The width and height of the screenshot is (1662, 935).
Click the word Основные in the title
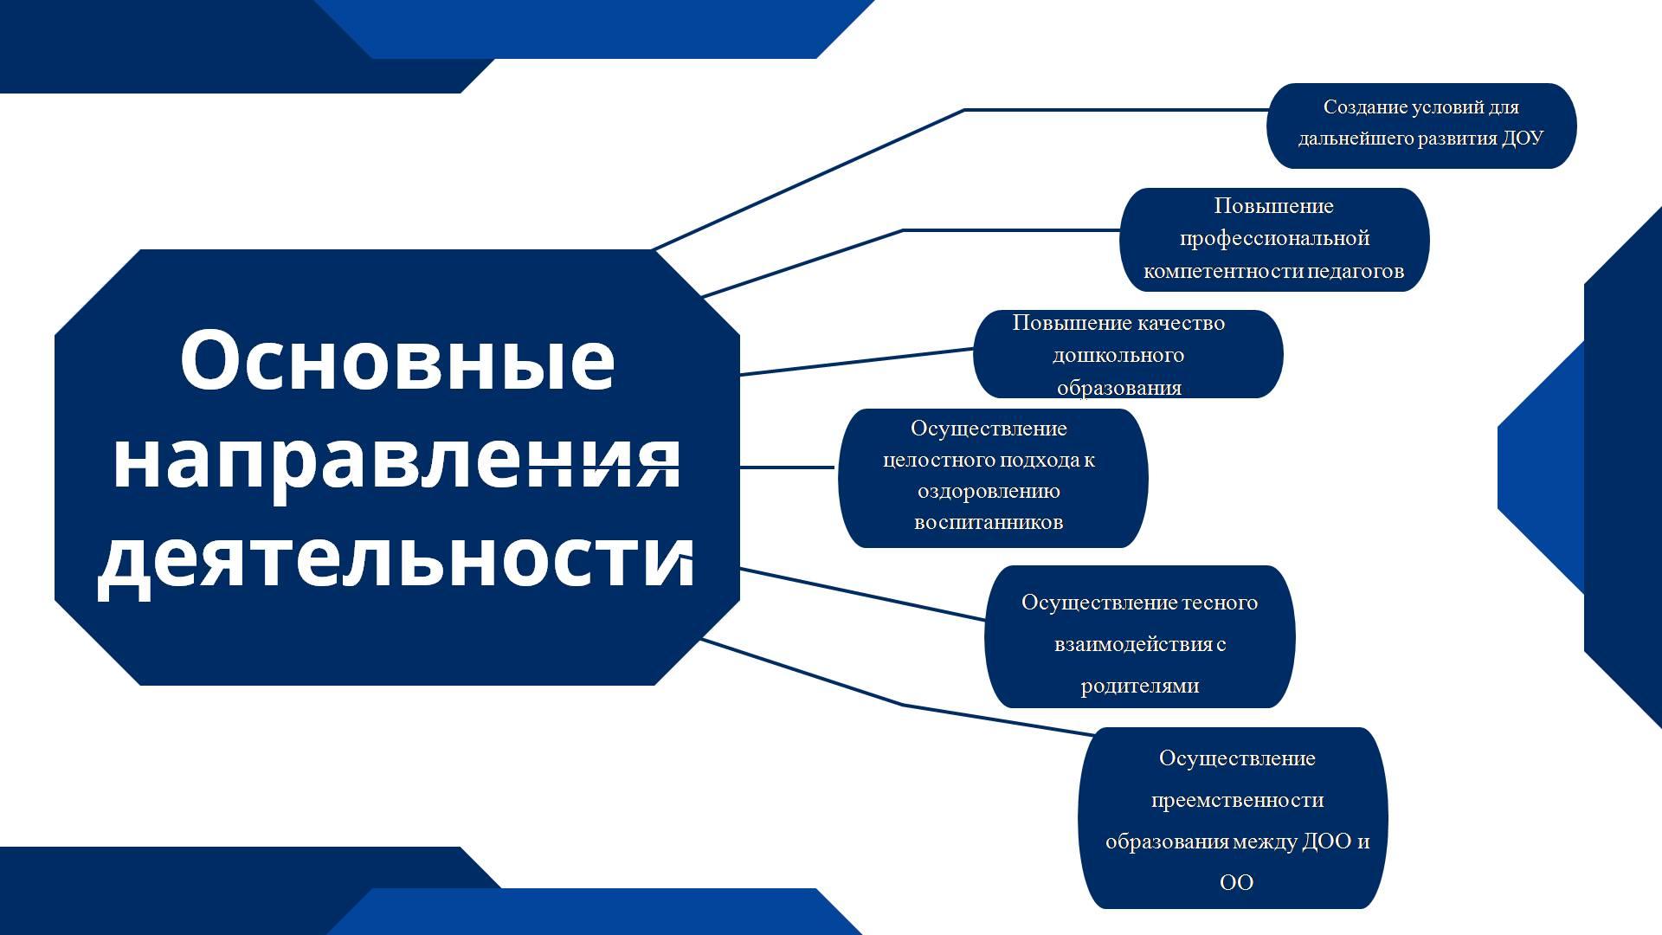click(x=397, y=360)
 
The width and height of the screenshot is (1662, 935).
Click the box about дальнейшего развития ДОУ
click(x=1421, y=126)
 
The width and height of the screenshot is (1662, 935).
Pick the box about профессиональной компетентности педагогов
click(x=1274, y=240)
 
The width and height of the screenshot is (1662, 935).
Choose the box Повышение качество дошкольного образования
click(x=1128, y=354)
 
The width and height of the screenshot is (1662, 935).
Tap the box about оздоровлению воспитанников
click(x=993, y=478)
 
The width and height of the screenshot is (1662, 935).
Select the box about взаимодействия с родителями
click(x=1139, y=636)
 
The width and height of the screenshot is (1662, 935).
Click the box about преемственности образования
click(x=1233, y=818)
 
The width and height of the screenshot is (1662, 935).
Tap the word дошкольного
click(x=1118, y=355)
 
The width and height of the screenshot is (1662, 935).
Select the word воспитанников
click(x=989, y=522)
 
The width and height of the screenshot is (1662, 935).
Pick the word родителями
click(x=1140, y=687)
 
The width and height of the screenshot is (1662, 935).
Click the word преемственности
click(x=1237, y=800)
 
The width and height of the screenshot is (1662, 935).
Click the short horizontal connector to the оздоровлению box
click(x=787, y=467)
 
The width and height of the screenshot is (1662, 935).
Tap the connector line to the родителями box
click(x=862, y=594)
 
